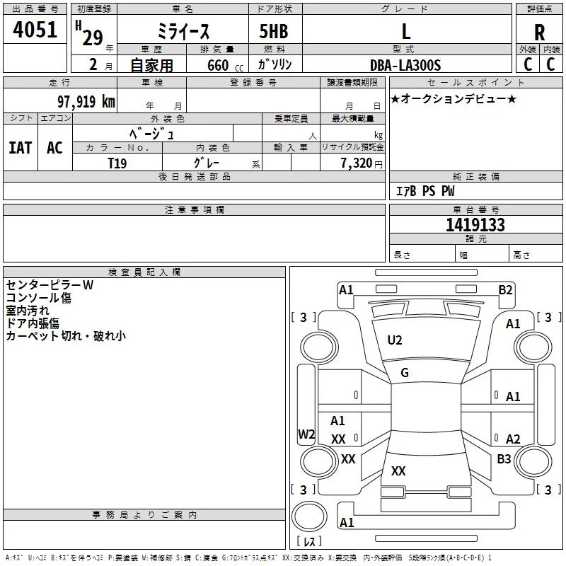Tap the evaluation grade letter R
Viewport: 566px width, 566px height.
click(x=539, y=33)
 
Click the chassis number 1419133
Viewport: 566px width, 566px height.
click(x=475, y=226)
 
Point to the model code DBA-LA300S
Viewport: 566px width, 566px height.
click(x=405, y=65)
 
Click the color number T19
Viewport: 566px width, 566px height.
click(x=117, y=163)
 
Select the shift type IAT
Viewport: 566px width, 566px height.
click(x=20, y=148)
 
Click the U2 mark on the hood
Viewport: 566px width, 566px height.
click(x=395, y=340)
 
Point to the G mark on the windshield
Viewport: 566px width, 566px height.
click(x=405, y=373)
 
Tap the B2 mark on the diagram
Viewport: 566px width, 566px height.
click(x=505, y=289)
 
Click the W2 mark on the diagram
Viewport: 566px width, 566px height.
click(x=306, y=434)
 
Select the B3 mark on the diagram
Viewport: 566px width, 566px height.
click(x=504, y=459)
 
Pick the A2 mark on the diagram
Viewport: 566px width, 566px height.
click(x=513, y=439)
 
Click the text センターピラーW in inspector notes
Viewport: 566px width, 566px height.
click(x=50, y=285)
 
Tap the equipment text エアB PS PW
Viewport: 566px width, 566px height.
click(x=424, y=191)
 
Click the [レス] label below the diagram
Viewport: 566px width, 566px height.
click(x=309, y=541)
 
